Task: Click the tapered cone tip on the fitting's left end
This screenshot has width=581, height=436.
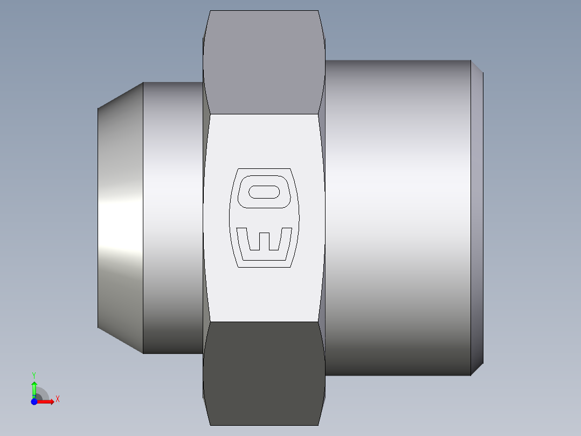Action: coord(120,218)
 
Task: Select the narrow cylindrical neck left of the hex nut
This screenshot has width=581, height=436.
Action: coord(172,218)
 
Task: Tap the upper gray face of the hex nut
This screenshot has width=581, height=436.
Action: coord(264,62)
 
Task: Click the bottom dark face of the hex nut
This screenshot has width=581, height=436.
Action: coord(264,372)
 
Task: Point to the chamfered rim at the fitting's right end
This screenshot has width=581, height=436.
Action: coord(477,218)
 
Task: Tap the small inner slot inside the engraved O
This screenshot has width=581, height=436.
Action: coord(264,192)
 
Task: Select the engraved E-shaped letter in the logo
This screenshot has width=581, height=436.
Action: coord(264,240)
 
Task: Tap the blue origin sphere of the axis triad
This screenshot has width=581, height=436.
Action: coord(34,401)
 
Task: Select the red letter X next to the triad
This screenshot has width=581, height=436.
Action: coord(57,399)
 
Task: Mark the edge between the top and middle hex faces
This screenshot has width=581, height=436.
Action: coord(264,114)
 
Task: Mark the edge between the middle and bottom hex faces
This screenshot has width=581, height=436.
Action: coord(264,322)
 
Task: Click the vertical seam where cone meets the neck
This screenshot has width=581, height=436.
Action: coord(143,218)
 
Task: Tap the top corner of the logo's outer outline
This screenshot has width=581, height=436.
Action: coord(264,168)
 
